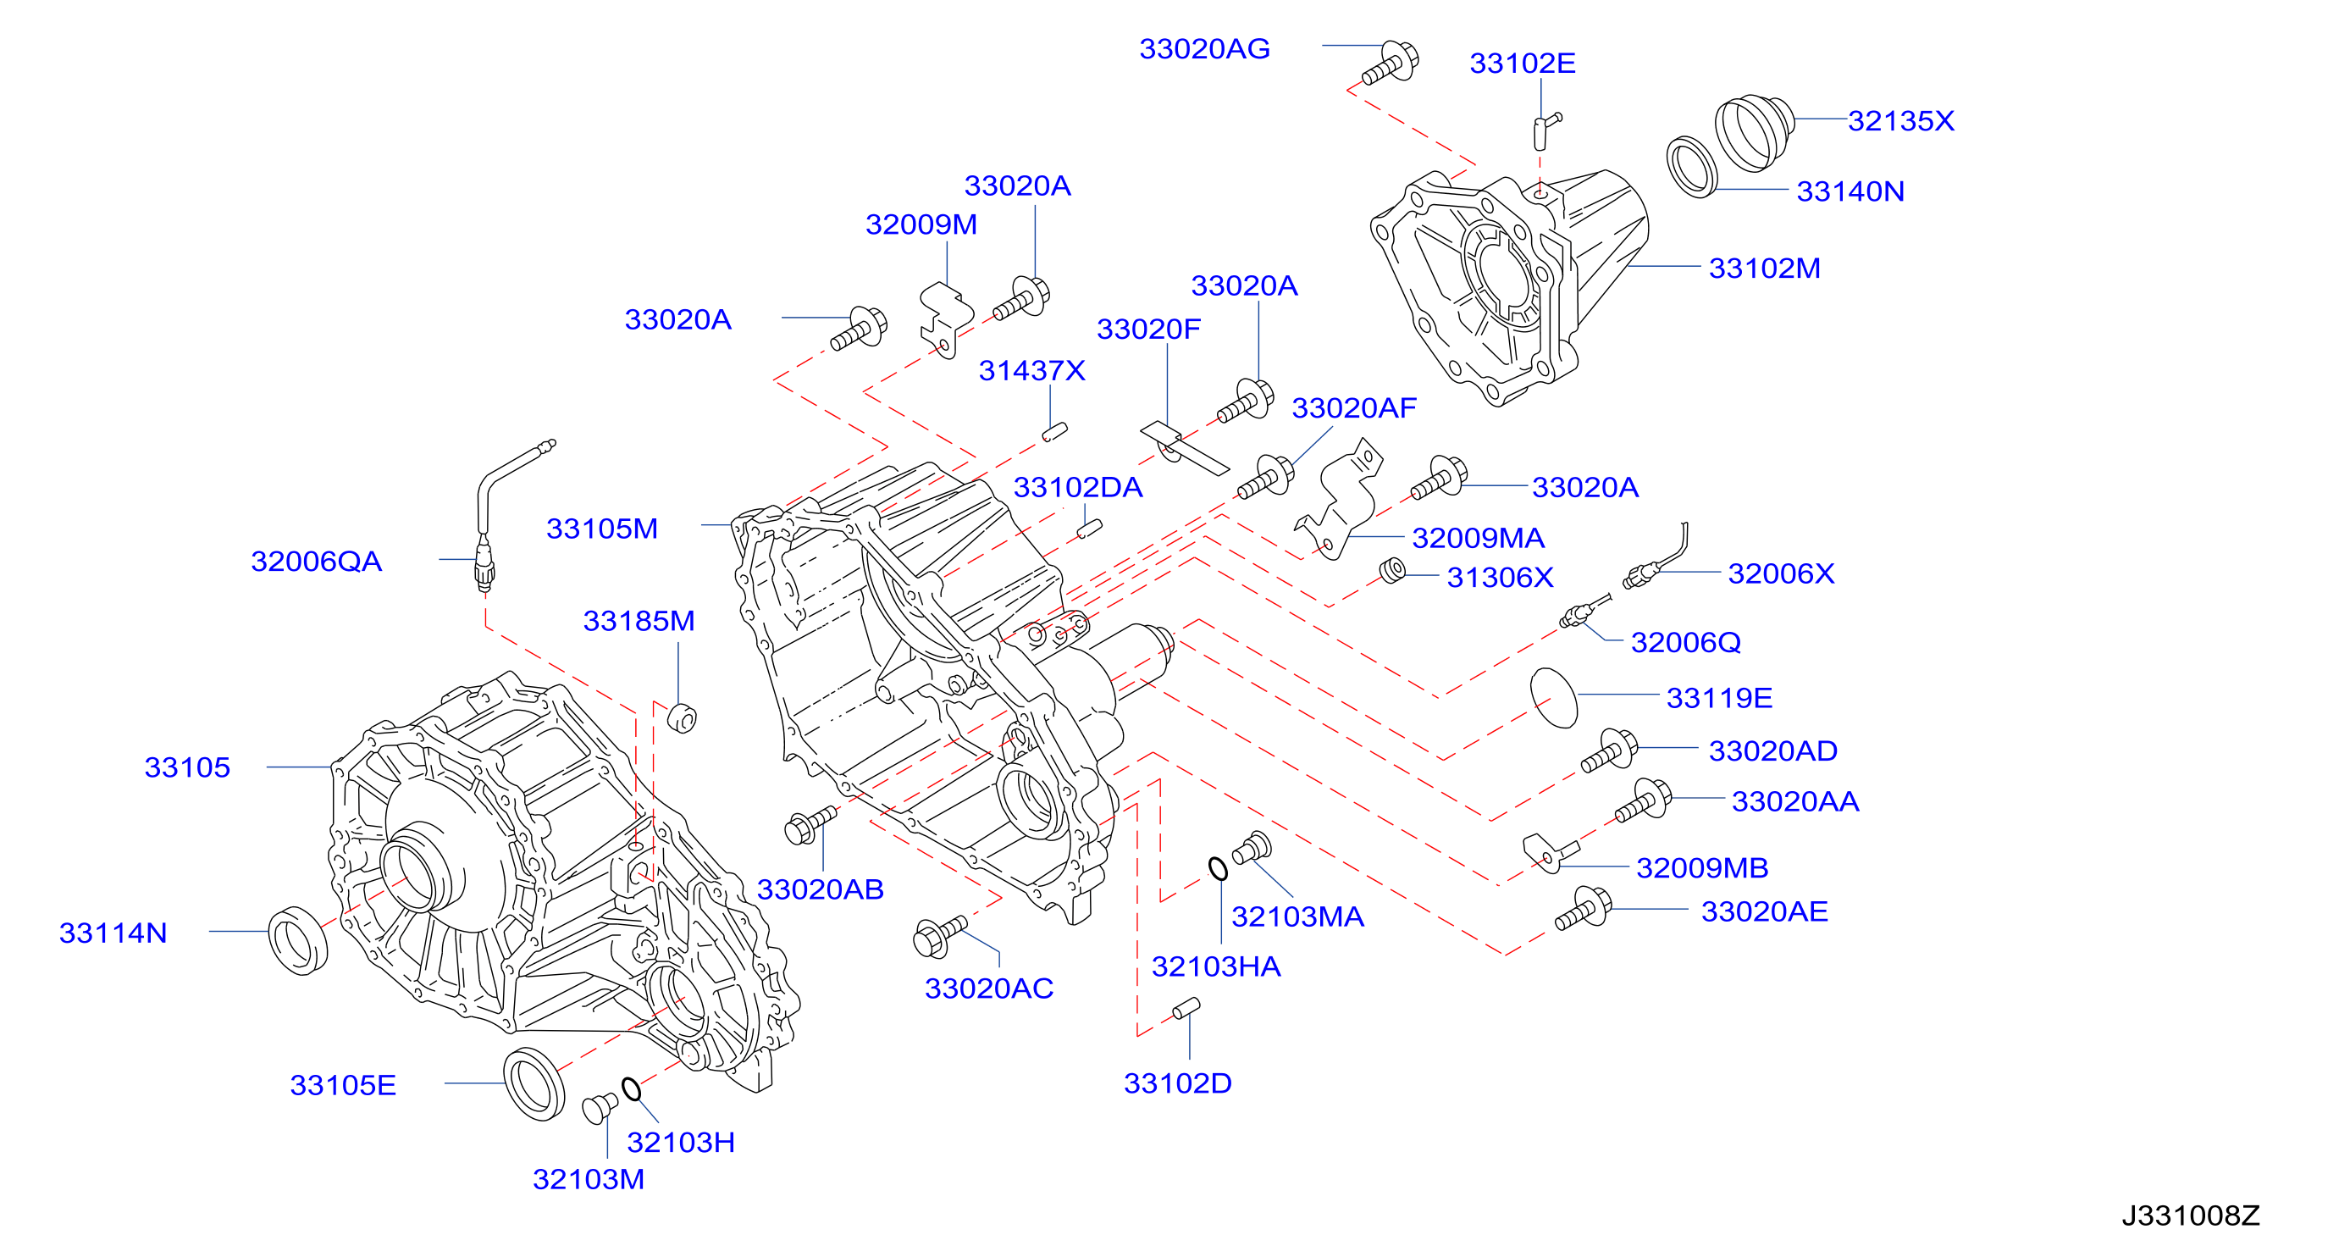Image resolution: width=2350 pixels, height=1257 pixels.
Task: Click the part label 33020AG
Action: point(1204,48)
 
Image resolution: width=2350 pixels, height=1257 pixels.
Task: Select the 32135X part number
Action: point(1901,120)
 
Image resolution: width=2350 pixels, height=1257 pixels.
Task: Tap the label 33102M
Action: point(1764,269)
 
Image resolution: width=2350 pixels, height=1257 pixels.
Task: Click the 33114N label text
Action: point(113,933)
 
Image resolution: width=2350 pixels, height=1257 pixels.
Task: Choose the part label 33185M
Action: point(639,621)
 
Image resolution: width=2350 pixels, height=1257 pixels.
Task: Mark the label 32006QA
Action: point(317,561)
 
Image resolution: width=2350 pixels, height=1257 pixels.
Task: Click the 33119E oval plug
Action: point(1554,698)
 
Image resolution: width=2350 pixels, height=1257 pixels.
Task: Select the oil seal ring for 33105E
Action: point(534,1083)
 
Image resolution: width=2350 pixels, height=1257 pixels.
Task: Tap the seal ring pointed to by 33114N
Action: point(298,940)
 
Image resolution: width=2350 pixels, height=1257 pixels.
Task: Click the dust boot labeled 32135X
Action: point(1753,132)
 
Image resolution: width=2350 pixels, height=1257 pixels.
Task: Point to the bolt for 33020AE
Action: point(1584,908)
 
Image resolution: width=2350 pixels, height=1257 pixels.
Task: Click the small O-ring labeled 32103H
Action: point(631,1088)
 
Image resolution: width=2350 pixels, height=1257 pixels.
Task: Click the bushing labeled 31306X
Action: point(1392,571)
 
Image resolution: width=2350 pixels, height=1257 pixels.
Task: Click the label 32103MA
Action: point(1297,916)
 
